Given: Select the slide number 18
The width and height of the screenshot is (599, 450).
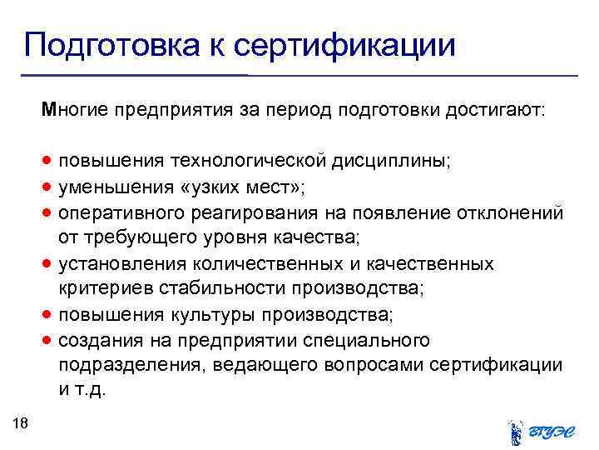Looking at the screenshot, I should point(22,425).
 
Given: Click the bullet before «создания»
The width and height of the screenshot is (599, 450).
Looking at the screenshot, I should point(52,340).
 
